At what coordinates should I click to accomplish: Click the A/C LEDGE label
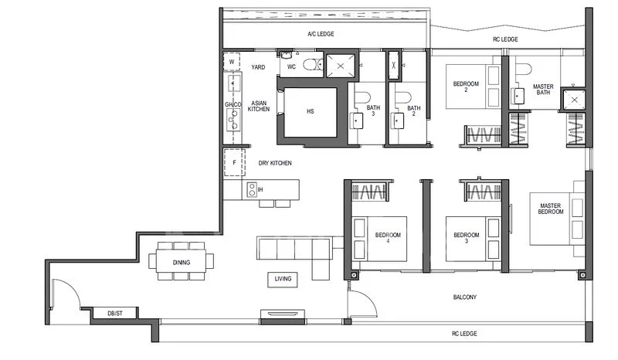pyautogui.click(x=320, y=34)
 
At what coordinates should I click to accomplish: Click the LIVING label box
pyautogui.click(x=283, y=279)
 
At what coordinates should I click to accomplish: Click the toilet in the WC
pyautogui.click(x=311, y=66)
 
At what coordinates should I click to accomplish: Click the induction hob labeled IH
pyautogui.click(x=251, y=189)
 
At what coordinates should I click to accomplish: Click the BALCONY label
pyautogui.click(x=465, y=297)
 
